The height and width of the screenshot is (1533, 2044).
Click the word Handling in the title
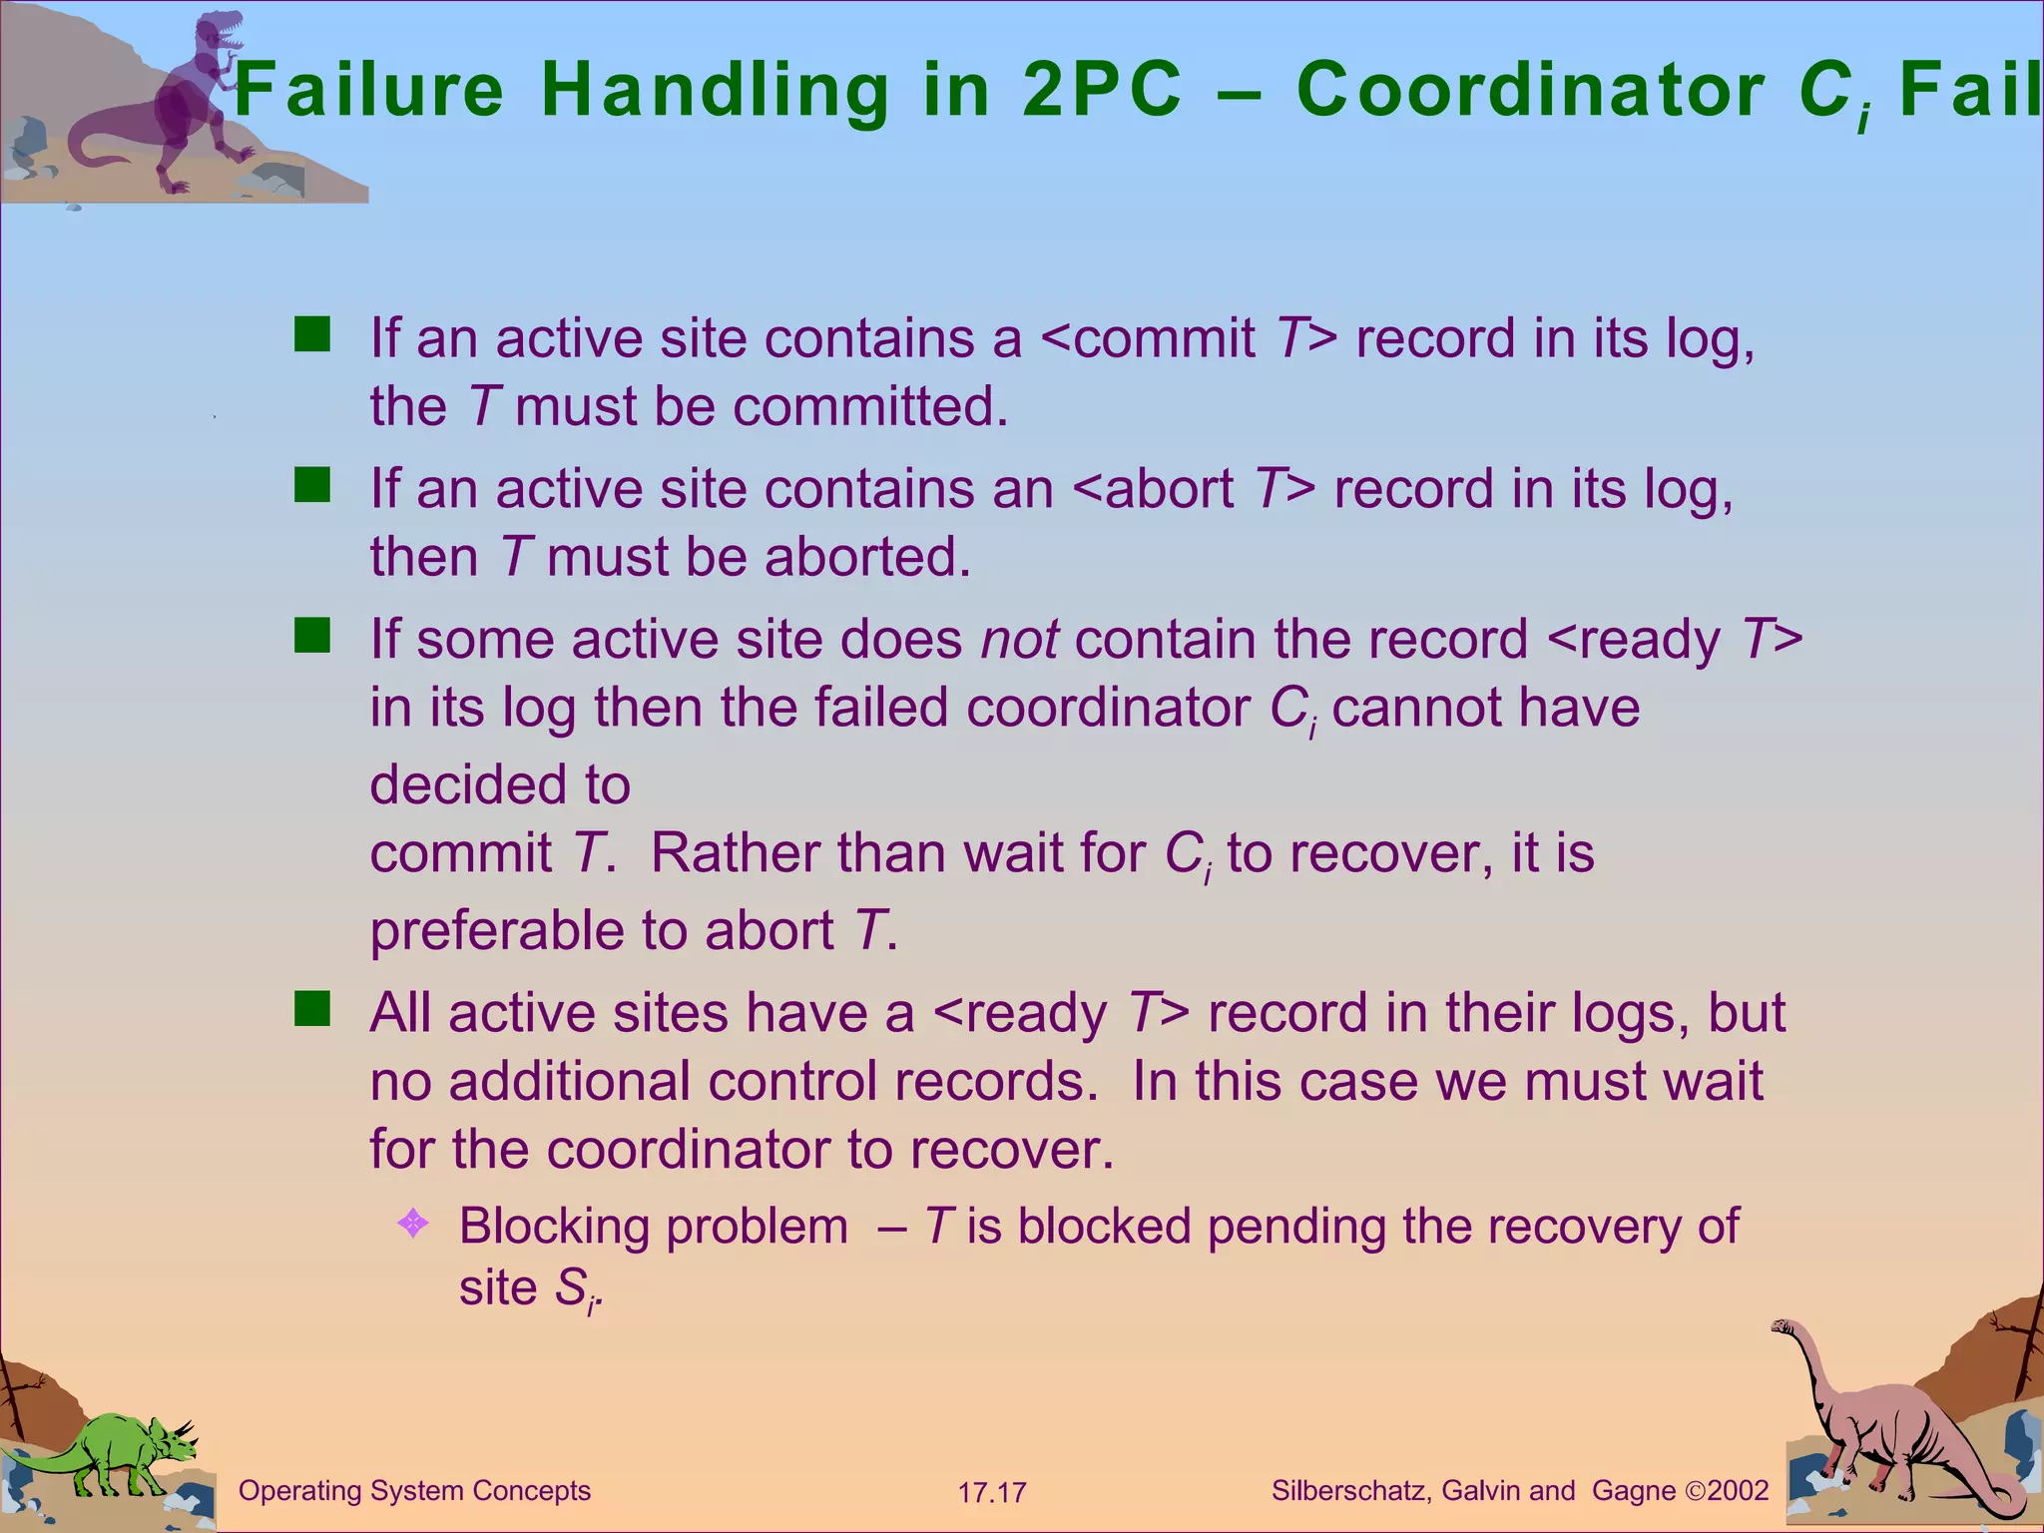pos(715,91)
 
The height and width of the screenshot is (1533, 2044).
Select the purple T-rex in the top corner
pos(190,100)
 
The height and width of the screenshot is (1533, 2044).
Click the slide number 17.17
pos(991,1493)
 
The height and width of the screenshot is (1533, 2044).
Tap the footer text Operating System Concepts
pos(414,1491)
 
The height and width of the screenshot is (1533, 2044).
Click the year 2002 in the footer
pos(1738,1491)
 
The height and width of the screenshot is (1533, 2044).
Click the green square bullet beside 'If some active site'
pos(312,636)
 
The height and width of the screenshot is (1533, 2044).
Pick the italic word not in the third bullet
pos(1019,640)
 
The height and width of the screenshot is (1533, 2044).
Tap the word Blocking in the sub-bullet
pos(554,1227)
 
